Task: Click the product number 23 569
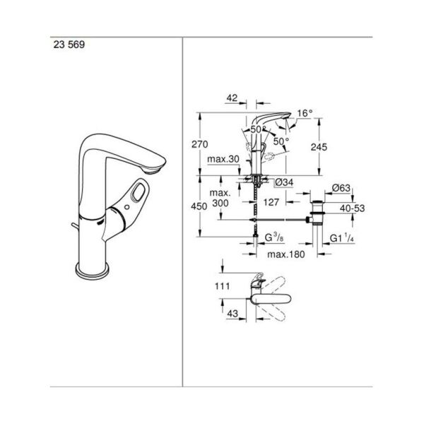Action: click(x=67, y=43)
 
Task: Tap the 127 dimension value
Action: click(x=271, y=202)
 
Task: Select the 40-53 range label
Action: click(x=353, y=209)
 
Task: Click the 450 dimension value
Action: click(x=200, y=207)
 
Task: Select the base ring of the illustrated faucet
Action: click(x=92, y=270)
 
